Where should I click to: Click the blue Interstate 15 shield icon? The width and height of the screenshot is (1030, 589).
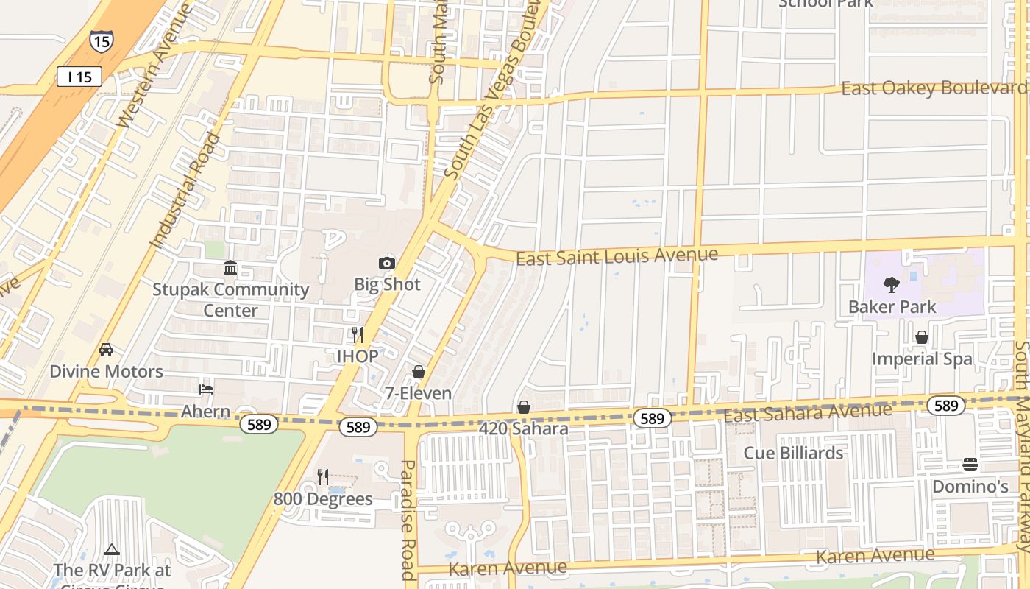pos(102,40)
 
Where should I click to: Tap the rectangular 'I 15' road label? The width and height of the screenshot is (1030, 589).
pos(79,76)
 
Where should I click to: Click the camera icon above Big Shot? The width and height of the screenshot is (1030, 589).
pos(387,263)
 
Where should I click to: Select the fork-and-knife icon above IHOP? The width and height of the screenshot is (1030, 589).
pos(358,335)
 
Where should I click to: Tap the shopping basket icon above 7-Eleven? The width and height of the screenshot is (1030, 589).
pos(419,372)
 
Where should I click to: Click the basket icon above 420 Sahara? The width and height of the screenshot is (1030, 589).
pos(524,406)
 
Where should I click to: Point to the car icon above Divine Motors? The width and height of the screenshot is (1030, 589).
pos(106,350)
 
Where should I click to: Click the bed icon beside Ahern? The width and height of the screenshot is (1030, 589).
pos(206,389)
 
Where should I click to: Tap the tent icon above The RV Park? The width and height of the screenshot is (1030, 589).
pos(111,549)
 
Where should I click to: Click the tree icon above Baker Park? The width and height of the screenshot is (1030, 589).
pos(892,285)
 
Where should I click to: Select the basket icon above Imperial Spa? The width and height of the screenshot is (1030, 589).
pos(921,337)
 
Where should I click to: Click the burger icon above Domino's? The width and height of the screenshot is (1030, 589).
pos(970,465)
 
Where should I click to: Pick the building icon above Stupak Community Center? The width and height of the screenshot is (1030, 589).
pos(230,267)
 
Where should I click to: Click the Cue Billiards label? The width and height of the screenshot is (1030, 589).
pos(793,453)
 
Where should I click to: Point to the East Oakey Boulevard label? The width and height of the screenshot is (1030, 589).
pos(934,88)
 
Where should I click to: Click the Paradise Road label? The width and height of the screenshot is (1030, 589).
pos(408,519)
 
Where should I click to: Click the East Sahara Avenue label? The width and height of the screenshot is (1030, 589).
pos(807,413)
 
